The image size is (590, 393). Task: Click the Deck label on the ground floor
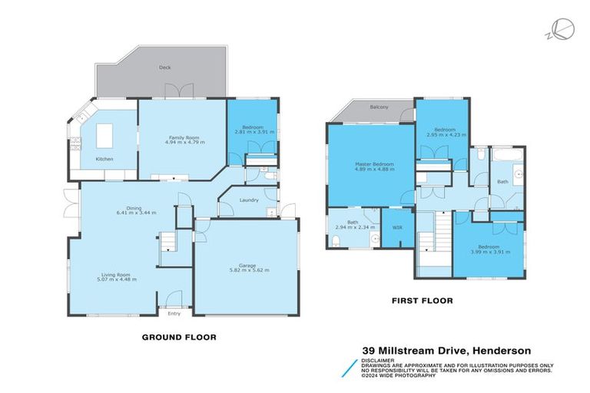click(164, 68)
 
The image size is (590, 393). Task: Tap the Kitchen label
click(104, 159)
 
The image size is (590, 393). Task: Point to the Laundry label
click(248, 200)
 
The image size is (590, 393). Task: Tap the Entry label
click(174, 312)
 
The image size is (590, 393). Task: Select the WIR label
click(397, 228)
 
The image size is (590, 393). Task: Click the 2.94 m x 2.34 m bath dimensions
click(355, 227)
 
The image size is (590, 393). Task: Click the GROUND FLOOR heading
click(179, 336)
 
